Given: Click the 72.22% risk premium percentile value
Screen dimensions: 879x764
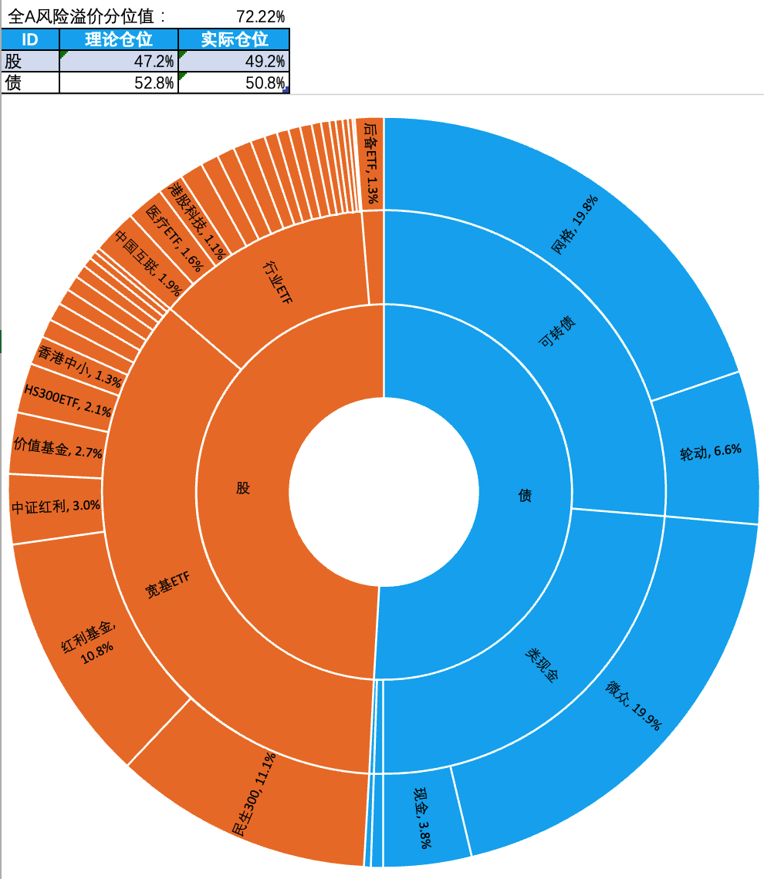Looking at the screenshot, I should [x=260, y=15].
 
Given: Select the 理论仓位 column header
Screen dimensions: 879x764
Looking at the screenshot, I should [x=119, y=39].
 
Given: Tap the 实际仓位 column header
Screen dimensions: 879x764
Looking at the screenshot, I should [x=234, y=39].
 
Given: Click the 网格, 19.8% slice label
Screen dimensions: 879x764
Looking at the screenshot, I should [x=576, y=224].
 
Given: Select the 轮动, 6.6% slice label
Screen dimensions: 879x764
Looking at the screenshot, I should [x=710, y=452].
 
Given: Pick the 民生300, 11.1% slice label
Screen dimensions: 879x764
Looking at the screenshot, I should [x=254, y=793].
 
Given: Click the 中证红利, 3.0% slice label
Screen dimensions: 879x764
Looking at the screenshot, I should [x=56, y=507].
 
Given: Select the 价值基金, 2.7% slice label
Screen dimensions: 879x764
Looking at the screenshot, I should [x=58, y=448].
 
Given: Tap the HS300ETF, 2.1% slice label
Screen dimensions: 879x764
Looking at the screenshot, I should [x=67, y=401].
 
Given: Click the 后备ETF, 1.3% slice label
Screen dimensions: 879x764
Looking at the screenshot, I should [x=371, y=162].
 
